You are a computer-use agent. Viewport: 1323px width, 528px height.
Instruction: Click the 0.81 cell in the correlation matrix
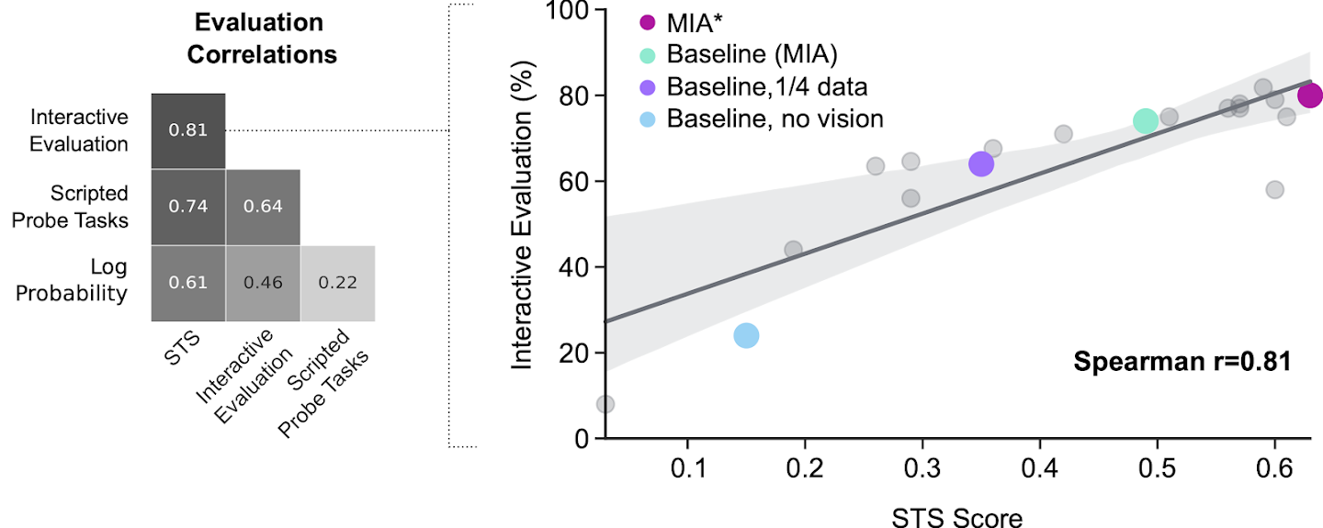(x=187, y=130)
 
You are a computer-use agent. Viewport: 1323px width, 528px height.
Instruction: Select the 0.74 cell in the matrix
(x=187, y=206)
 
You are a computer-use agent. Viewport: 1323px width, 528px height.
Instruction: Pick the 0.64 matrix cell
(x=263, y=206)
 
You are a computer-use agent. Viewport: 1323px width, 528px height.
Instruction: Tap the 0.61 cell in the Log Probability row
(x=187, y=283)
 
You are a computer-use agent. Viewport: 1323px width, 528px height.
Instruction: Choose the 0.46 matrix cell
(x=263, y=283)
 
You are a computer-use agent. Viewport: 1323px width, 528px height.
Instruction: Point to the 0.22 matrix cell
(x=338, y=283)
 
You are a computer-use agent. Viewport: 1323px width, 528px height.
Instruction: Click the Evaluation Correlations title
(x=262, y=38)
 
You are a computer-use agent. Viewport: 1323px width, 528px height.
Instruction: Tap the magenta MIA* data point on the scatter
(x=1310, y=95)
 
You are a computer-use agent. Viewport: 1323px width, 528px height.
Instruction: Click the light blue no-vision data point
(x=747, y=335)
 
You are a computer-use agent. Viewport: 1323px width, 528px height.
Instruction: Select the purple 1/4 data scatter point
(x=981, y=164)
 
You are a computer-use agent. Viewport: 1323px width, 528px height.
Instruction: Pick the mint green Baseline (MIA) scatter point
(x=1145, y=121)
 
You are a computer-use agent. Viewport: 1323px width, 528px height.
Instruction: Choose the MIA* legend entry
(x=694, y=22)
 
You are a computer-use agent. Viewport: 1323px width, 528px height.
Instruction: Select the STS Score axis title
(x=956, y=517)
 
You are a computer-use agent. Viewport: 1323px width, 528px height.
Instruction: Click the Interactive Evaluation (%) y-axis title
(x=523, y=225)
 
